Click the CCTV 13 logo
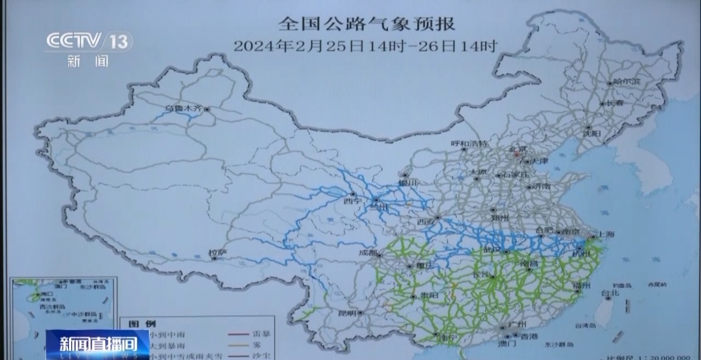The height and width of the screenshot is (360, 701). pyautogui.click(x=89, y=41)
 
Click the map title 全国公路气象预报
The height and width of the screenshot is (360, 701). pyautogui.click(x=367, y=24)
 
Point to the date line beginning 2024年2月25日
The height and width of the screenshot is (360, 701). pyautogui.click(x=365, y=46)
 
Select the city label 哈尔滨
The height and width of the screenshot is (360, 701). pyautogui.click(x=627, y=82)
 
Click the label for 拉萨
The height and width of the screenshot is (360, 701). pyautogui.click(x=218, y=253)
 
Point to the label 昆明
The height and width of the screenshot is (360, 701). pyautogui.click(x=348, y=313)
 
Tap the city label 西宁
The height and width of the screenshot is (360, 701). pyautogui.click(x=352, y=201)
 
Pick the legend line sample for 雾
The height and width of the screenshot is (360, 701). pyautogui.click(x=239, y=346)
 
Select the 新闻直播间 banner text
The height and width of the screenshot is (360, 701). pyautogui.click(x=98, y=343)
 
